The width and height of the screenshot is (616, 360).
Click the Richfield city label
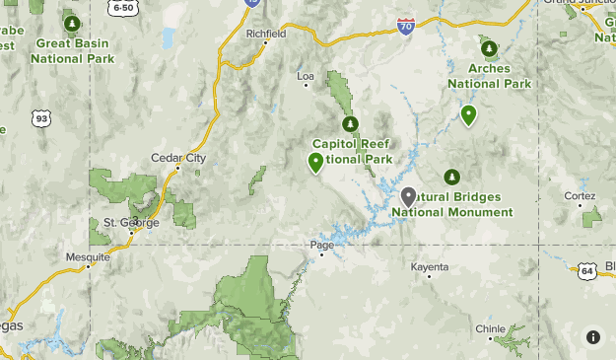pyautogui.click(x=265, y=33)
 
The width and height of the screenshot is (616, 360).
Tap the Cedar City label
pyautogui.click(x=177, y=157)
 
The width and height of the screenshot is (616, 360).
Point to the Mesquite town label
pyautogui.click(x=87, y=256)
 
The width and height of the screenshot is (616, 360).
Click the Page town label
pyautogui.click(x=322, y=244)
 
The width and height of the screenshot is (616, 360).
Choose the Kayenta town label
pyautogui.click(x=430, y=266)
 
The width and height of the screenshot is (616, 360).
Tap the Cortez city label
pyautogui.click(x=580, y=195)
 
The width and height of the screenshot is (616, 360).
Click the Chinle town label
pyautogui.click(x=490, y=328)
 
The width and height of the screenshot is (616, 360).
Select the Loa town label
pyautogui.click(x=305, y=74)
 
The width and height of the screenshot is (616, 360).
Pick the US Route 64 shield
pyautogui.click(x=587, y=269)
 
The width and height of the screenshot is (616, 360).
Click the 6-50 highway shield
pyautogui.click(x=124, y=7)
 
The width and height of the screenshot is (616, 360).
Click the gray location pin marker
pyautogui.click(x=408, y=196)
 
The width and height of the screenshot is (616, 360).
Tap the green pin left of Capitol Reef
pyautogui.click(x=316, y=162)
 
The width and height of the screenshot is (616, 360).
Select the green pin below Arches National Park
pyautogui.click(x=468, y=114)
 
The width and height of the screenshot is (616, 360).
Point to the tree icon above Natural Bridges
pyautogui.click(x=451, y=177)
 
